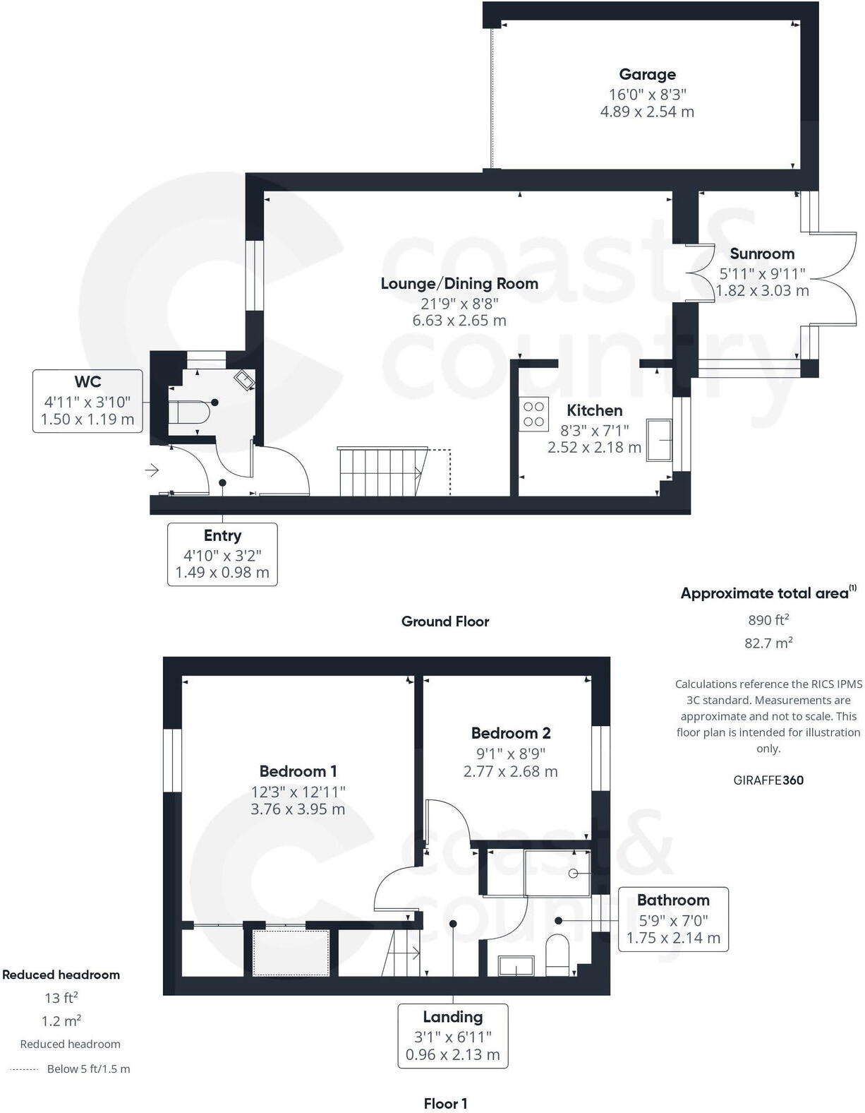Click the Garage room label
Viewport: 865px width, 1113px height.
pos(647,74)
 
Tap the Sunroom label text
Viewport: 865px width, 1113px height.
pos(762,254)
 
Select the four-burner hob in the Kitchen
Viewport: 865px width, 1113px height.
pos(534,414)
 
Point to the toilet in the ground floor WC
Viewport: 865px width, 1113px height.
pos(189,412)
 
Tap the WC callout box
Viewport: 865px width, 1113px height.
pos(87,401)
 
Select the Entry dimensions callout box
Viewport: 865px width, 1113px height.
pos(222,554)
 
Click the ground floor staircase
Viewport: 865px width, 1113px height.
pos(381,471)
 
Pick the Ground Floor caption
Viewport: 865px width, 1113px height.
pos(445,621)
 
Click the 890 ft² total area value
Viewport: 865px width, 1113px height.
pos(768,620)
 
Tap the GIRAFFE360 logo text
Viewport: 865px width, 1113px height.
pos(768,780)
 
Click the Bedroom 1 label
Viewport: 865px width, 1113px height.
pos(298,771)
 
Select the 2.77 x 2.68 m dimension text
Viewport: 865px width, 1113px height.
pos(510,772)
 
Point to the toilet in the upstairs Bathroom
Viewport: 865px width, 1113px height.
pos(557,953)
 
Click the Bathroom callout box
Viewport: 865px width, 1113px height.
pos(673,919)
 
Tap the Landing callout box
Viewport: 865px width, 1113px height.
pos(453,1035)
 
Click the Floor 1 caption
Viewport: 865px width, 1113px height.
pos(445,1103)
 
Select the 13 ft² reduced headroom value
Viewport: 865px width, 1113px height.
pos(61,998)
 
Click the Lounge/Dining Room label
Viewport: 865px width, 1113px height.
pos(459,284)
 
